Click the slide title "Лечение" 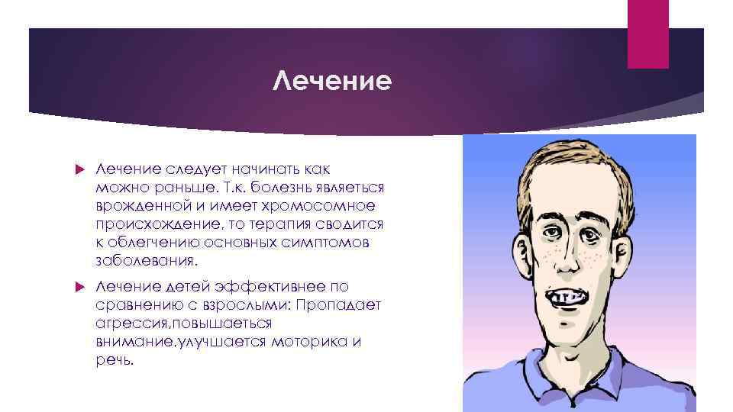tap(332, 79)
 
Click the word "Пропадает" tap(343, 305)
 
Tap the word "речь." tap(115, 360)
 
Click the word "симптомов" tap(328, 243)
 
